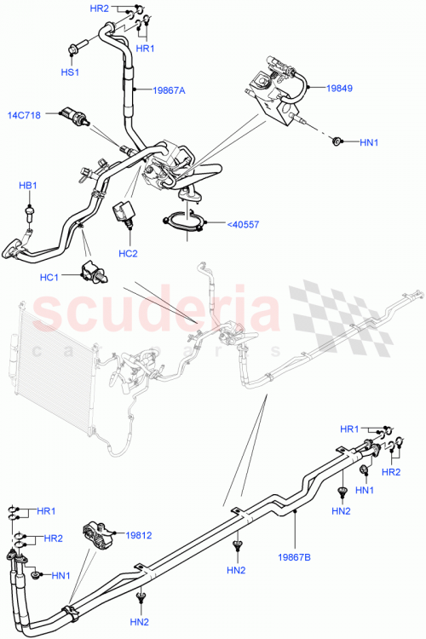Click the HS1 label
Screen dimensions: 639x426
pos(70,73)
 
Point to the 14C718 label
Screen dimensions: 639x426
pos(26,113)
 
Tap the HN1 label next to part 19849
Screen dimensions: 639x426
pos(369,141)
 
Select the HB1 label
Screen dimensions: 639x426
pos(30,185)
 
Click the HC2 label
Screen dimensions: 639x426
pos(129,253)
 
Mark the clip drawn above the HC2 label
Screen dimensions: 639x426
pos(125,213)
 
